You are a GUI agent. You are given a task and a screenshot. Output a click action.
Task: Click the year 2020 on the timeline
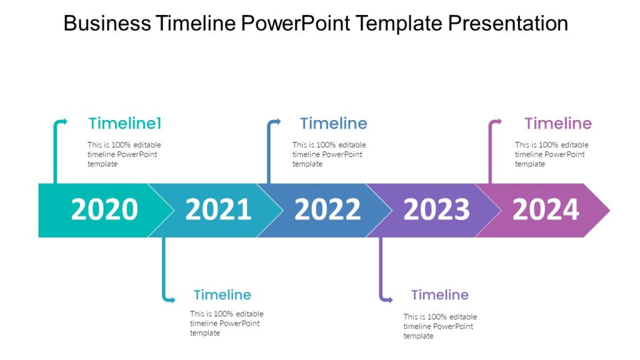point(104,210)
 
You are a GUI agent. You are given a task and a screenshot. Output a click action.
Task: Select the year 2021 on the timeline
point(218,210)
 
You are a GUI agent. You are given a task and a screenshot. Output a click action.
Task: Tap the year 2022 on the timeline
point(327,210)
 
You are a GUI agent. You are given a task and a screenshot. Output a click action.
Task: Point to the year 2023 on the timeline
point(436,210)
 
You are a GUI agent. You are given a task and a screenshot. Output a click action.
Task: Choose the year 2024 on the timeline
point(546,210)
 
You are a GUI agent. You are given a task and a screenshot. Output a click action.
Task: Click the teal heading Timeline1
point(125,123)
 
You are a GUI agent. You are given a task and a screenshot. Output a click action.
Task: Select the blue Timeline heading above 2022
point(333,123)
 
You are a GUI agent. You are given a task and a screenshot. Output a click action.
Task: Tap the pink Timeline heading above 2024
point(557,123)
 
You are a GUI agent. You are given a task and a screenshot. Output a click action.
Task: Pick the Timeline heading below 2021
point(222,294)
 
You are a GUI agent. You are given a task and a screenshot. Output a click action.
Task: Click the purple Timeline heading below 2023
point(439,294)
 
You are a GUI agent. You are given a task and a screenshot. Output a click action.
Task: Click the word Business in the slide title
point(107,24)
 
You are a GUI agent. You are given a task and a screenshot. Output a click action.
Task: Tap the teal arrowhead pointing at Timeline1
point(64,121)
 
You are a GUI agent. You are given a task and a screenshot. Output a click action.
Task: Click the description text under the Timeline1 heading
point(124,154)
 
